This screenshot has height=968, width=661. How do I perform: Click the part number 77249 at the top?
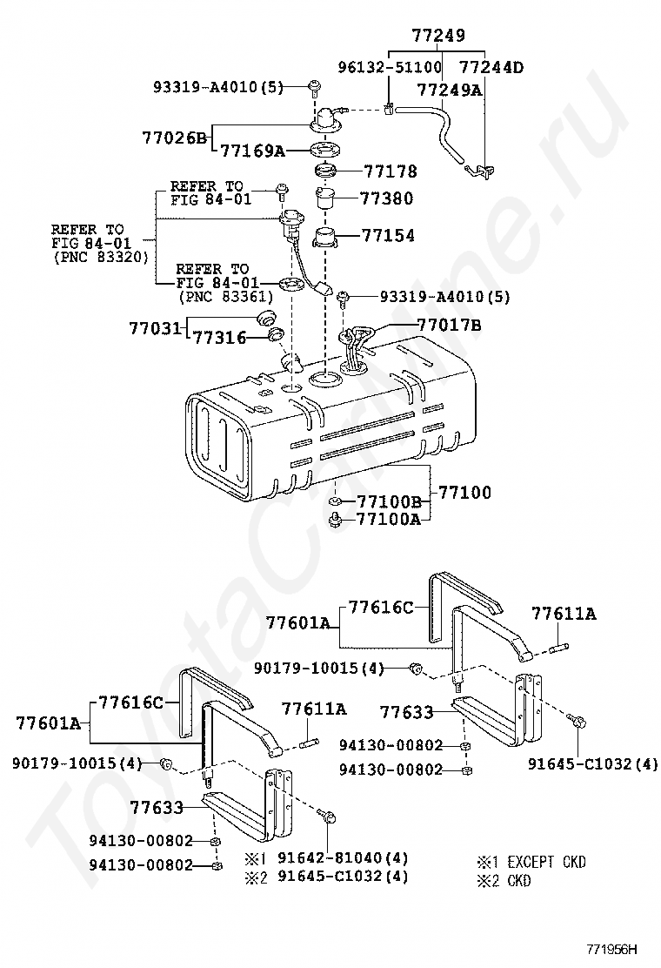click(438, 37)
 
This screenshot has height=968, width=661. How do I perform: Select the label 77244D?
click(491, 67)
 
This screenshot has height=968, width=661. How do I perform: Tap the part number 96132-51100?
click(390, 67)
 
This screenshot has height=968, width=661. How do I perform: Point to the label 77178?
click(390, 171)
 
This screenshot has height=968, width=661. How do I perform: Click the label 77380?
click(388, 198)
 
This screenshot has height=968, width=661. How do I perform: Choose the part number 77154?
click(388, 235)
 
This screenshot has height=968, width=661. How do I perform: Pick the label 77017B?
click(449, 326)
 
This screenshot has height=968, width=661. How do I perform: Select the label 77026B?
click(174, 138)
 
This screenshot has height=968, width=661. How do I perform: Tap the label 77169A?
click(252, 151)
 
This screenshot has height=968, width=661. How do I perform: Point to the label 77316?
click(217, 337)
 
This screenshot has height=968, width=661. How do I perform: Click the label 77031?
click(155, 328)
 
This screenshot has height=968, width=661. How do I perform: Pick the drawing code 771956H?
click(611, 949)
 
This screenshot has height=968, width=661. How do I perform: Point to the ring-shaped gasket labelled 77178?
click(328, 171)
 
